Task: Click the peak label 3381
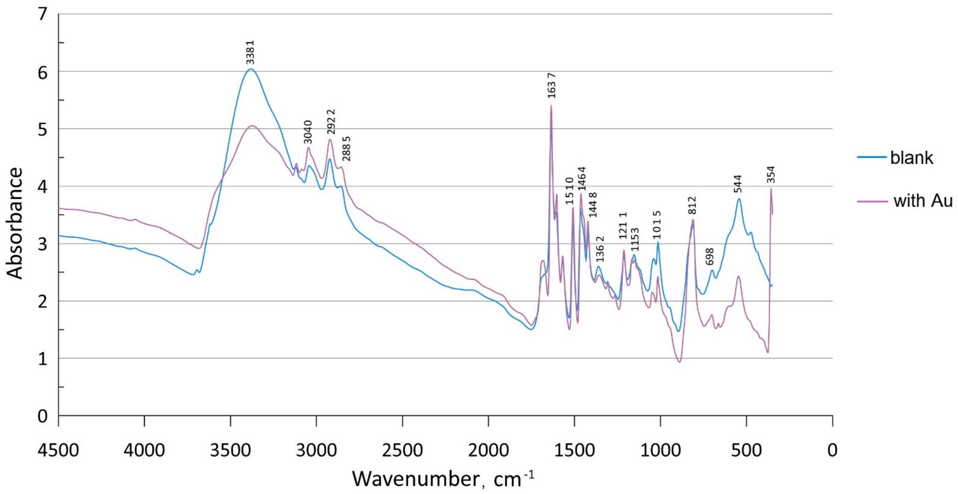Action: tap(250, 52)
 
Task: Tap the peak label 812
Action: tap(692, 205)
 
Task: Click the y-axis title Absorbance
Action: tap(15, 223)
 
